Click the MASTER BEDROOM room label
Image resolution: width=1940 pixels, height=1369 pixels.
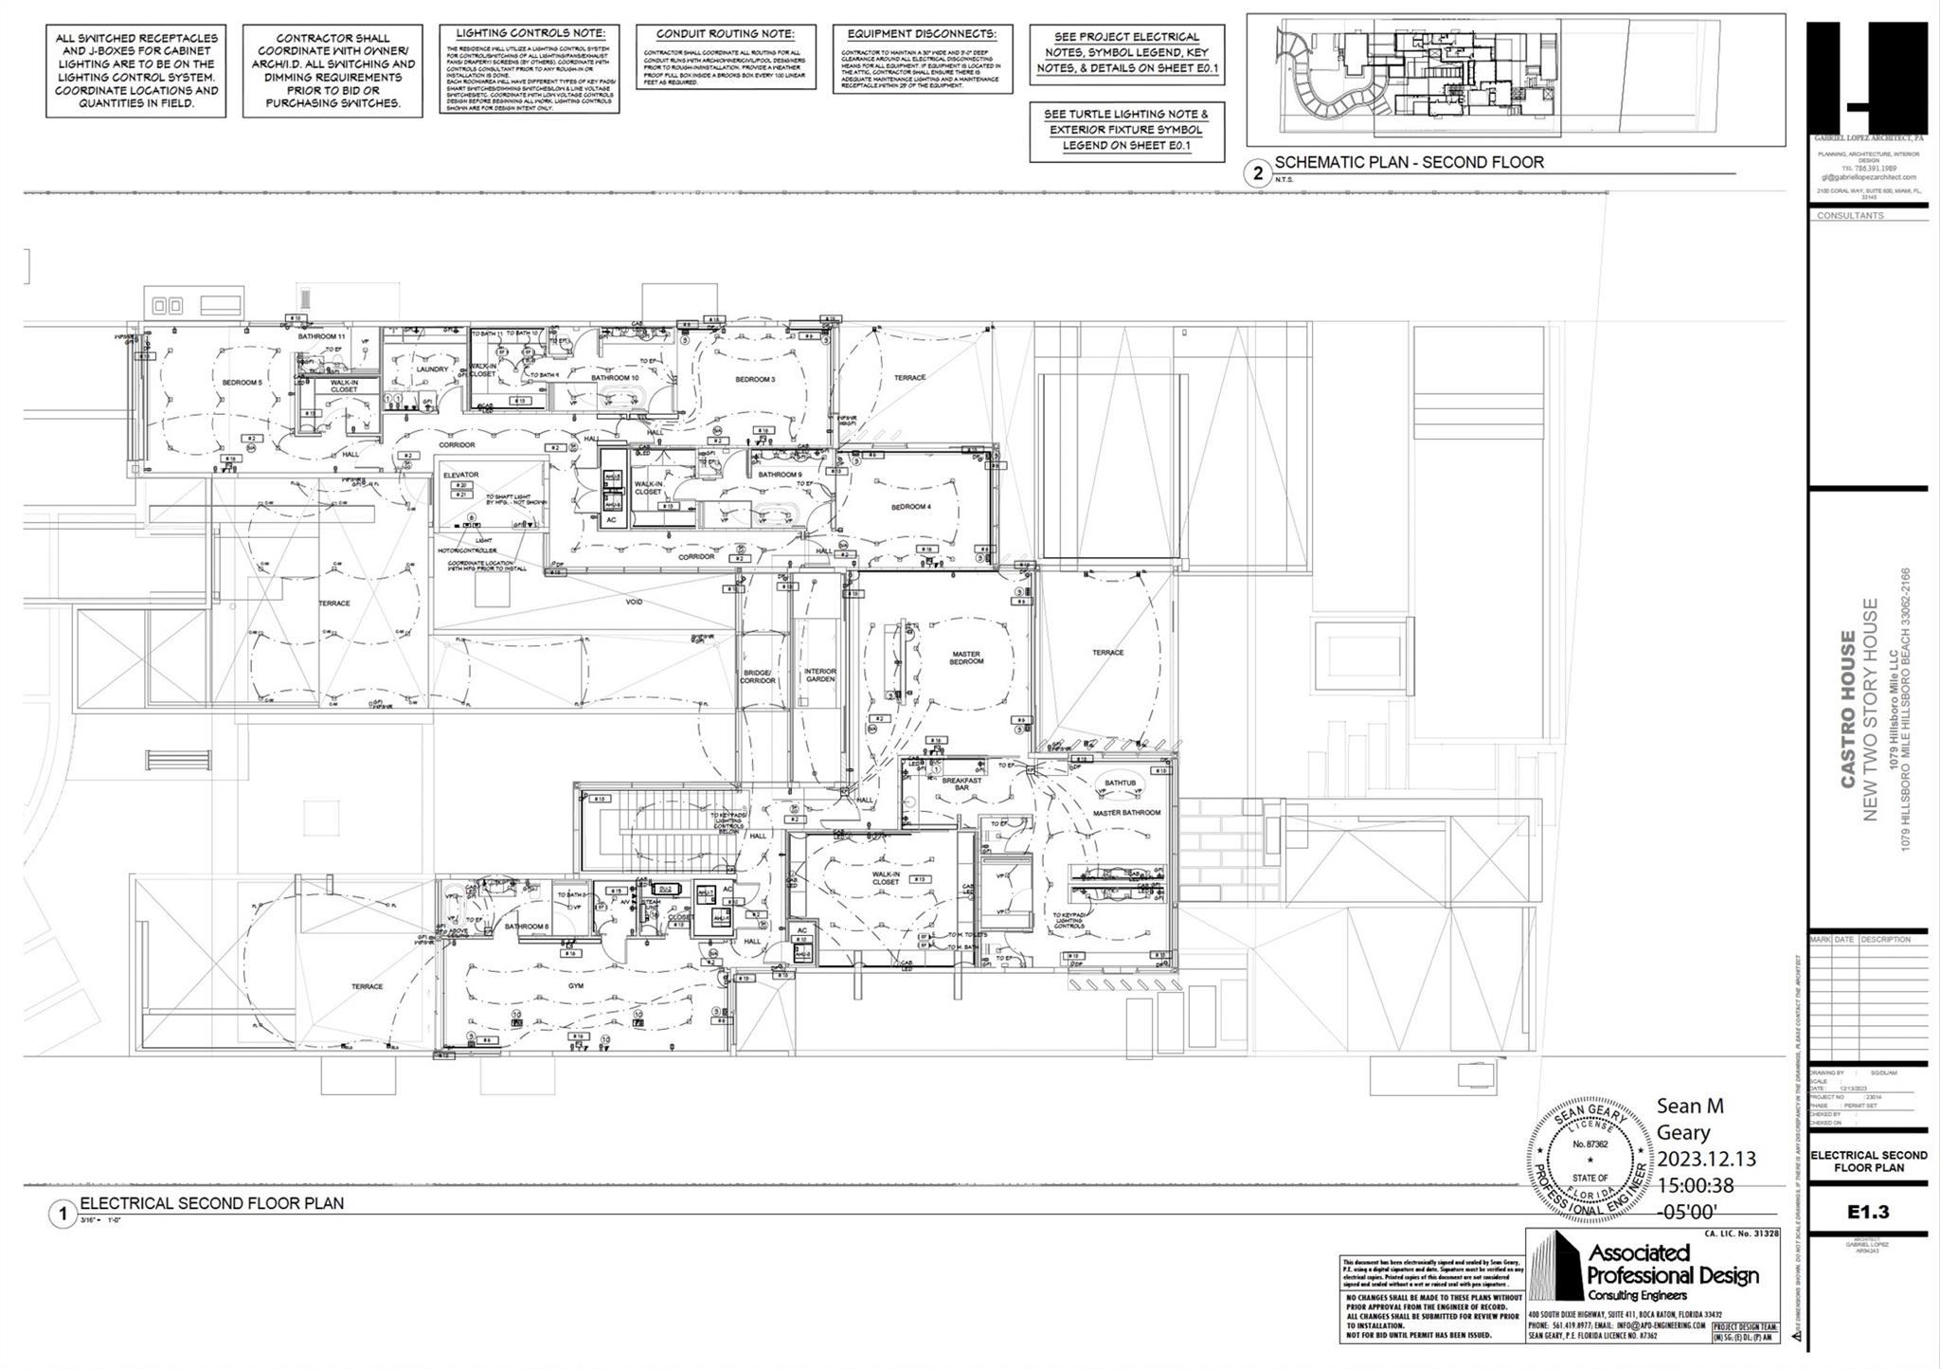[966, 657]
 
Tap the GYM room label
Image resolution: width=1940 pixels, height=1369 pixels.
[575, 985]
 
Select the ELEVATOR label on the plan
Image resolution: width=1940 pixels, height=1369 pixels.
[461, 475]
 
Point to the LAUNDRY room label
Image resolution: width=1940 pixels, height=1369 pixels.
[432, 369]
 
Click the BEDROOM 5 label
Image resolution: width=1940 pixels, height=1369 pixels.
[242, 383]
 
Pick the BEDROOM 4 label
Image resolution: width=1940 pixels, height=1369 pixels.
[910, 507]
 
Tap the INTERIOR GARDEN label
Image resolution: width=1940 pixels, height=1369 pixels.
[820, 675]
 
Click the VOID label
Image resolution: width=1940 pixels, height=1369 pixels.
[635, 601]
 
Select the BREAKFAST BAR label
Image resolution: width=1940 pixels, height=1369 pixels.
[961, 784]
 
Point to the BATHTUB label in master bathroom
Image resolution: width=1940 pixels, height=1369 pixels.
[1120, 783]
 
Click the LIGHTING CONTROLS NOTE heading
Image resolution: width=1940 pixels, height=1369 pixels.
[529, 33]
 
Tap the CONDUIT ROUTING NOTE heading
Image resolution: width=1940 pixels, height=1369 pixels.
[726, 34]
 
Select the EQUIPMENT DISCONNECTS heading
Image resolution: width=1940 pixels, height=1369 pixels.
[922, 34]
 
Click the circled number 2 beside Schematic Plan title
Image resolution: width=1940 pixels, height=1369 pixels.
[1258, 173]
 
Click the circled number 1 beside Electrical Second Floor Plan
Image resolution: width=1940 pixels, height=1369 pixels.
[63, 1215]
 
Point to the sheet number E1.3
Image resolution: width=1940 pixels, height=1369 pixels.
[1868, 1212]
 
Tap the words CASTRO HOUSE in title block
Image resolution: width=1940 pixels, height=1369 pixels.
[1848, 709]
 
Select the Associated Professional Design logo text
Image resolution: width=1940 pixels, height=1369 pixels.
[1672, 1265]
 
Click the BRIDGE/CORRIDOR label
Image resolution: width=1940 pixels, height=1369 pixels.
[758, 676]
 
